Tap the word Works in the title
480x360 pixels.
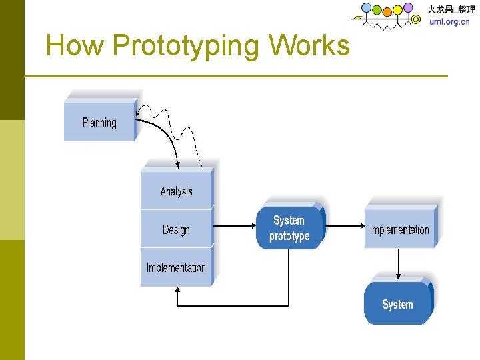[x=309, y=45]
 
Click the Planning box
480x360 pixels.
[x=99, y=122]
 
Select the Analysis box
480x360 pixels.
[x=176, y=191]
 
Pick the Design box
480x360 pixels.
[x=176, y=229]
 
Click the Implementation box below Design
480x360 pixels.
[x=176, y=267]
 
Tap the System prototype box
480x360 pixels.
[x=289, y=228]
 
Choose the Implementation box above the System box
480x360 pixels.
[x=399, y=229]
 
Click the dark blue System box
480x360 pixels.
[x=398, y=304]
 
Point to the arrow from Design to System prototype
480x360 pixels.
[x=235, y=226]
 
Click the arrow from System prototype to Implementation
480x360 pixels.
[x=344, y=226]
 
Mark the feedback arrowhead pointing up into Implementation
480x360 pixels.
[x=177, y=291]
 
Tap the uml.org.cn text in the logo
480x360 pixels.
[x=449, y=21]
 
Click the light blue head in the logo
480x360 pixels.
[x=366, y=8]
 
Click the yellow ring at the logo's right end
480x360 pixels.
[x=417, y=19]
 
